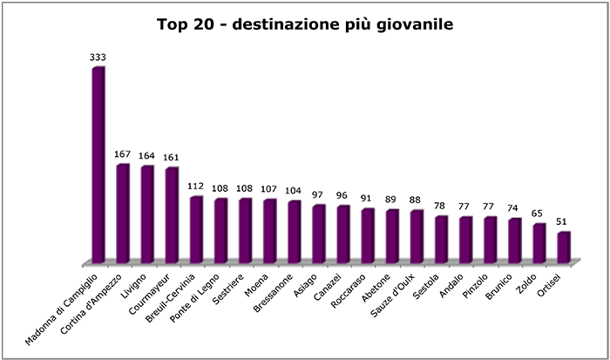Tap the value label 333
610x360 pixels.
(98, 58)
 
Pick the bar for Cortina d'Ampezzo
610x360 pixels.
(123, 214)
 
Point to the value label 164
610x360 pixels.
(147, 157)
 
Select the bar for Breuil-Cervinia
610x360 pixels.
(196, 229)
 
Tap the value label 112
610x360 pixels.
(196, 187)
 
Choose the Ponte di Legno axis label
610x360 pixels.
(206, 295)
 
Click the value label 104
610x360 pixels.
(295, 192)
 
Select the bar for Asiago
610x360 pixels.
(319, 234)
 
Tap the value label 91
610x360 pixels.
(368, 200)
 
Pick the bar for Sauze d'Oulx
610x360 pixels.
(417, 236)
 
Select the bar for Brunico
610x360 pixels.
(515, 241)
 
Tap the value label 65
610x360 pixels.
(539, 214)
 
